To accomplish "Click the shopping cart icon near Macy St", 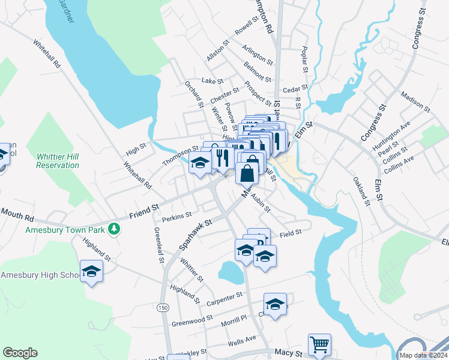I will coord(319,344).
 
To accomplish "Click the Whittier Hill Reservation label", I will coord(58,160).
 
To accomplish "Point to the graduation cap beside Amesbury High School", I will coord(91,272).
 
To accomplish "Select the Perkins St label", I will coord(176,214).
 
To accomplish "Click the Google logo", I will coord(20,353).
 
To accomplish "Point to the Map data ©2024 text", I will coord(423,355).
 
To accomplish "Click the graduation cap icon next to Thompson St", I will coord(200,162).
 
